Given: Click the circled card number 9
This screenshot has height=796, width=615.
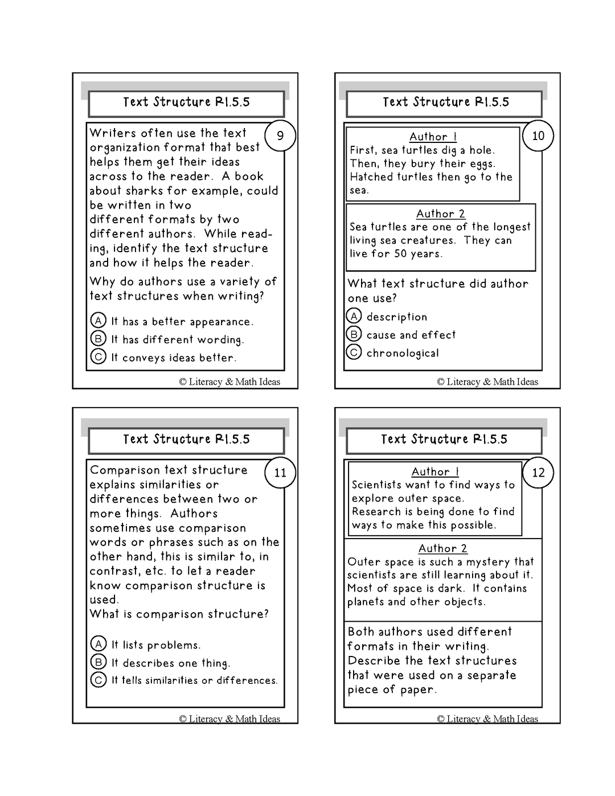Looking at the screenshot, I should click(280, 136).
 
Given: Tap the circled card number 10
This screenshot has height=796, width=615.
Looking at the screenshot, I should click(538, 136).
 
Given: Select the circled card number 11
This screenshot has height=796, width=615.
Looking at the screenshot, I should click(280, 473).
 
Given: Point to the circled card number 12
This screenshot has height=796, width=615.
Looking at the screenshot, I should click(538, 473).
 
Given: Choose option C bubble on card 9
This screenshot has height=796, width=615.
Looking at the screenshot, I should click(99, 357).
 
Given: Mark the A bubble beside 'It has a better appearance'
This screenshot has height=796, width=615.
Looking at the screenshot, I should click(99, 321).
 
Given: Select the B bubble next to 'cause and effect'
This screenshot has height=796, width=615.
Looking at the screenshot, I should click(354, 334).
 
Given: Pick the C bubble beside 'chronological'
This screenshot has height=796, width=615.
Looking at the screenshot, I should click(354, 352).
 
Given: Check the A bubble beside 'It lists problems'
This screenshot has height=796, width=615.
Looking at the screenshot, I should click(99, 644).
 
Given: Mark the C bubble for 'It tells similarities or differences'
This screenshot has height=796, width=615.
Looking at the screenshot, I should click(99, 680).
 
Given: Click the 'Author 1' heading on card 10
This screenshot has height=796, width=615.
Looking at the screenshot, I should click(433, 137).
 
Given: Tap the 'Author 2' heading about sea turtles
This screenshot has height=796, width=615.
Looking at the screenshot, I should click(440, 214).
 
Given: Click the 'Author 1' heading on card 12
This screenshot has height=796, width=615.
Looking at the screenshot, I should click(435, 471).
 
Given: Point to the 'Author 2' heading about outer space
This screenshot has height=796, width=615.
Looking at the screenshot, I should click(442, 548).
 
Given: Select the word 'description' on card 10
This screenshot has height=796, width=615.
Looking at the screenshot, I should click(396, 317).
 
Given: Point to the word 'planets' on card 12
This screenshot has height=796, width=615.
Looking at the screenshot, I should click(366, 602).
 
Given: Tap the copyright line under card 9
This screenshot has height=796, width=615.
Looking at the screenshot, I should click(229, 381).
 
